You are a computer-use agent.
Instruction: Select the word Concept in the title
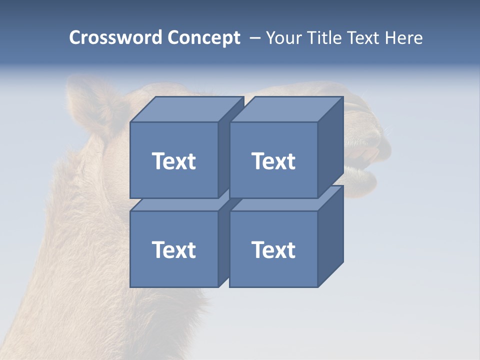203,38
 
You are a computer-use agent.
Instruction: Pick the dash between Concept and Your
254,38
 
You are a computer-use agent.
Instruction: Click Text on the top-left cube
173,161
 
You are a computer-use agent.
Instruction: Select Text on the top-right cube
273,161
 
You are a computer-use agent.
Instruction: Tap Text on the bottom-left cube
173,249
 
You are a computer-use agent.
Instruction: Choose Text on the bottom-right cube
273,249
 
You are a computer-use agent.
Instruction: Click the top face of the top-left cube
186,109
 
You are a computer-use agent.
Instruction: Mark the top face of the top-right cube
286,109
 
